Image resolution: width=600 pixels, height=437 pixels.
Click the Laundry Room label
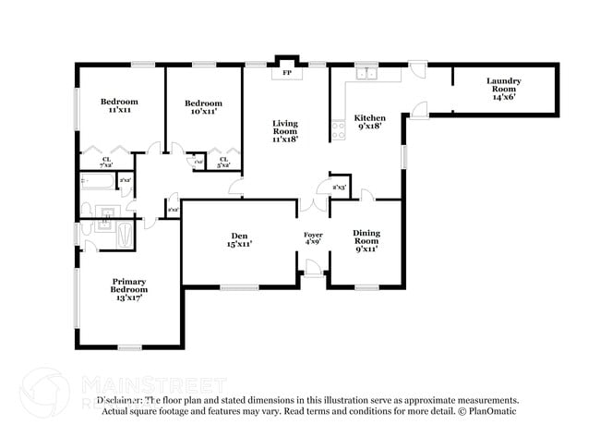pyautogui.click(x=504, y=88)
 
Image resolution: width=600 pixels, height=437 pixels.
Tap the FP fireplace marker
pyautogui.click(x=286, y=72)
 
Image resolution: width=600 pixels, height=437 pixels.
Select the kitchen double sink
pyautogui.click(x=371, y=74)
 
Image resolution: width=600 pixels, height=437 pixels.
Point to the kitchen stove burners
pyautogui.click(x=339, y=129)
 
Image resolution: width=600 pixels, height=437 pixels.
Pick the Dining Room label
pyautogui.click(x=366, y=240)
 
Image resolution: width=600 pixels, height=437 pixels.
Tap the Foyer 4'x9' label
pyautogui.click(x=314, y=240)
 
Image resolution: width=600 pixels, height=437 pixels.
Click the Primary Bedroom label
pyautogui.click(x=129, y=289)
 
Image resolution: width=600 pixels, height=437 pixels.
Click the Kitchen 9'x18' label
pyautogui.click(x=370, y=123)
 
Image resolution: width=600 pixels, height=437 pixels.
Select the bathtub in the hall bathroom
pyautogui.click(x=98, y=181)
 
